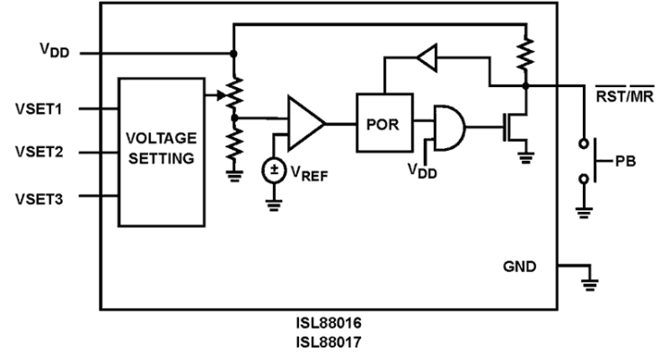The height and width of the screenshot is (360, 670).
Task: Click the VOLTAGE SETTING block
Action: coord(163,152)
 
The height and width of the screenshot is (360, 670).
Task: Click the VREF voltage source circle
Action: coord(271,171)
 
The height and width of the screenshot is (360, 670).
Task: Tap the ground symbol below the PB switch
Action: coord(586,212)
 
